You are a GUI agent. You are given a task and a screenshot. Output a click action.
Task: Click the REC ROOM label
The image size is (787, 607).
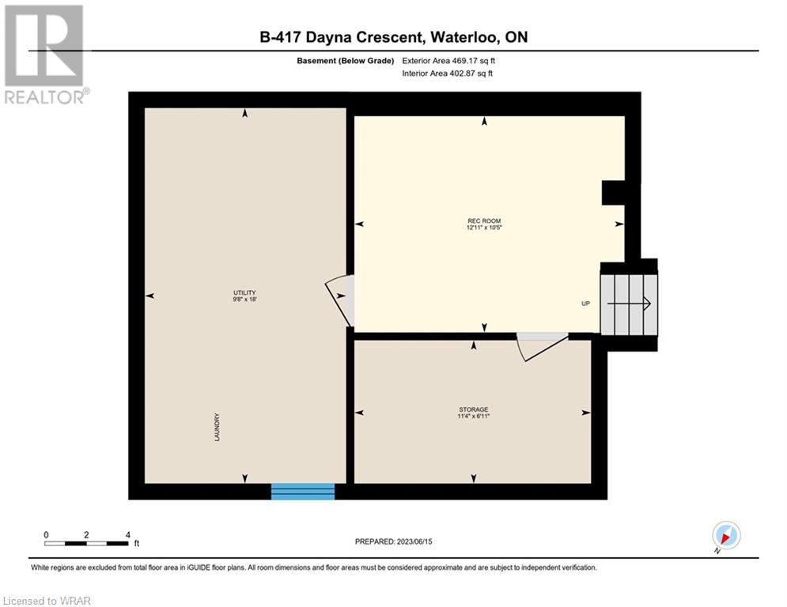tap(484, 221)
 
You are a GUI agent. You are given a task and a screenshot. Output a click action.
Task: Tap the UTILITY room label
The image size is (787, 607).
tap(244, 292)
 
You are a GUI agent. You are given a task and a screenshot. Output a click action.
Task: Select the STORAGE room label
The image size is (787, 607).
tap(473, 409)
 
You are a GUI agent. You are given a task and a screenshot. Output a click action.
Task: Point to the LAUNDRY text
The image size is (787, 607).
tap(218, 427)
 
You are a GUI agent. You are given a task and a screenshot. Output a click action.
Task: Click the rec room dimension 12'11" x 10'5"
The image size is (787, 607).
tap(484, 228)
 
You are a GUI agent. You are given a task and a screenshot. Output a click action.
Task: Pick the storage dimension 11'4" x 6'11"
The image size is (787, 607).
tap(473, 416)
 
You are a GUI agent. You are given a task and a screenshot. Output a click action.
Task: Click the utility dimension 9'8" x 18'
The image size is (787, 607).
tap(244, 299)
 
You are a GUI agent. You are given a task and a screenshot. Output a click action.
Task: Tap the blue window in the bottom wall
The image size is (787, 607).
tap(303, 492)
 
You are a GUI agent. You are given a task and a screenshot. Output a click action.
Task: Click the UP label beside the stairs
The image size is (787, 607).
tap(586, 303)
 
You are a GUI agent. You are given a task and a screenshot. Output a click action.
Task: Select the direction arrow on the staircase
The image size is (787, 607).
tap(629, 303)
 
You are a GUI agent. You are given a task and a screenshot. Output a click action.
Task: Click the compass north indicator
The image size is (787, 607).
tap(726, 536)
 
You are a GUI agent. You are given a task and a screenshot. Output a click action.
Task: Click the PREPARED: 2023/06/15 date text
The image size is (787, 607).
tap(394, 541)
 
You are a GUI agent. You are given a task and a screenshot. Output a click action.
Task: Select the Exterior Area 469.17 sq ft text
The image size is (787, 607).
tap(448, 61)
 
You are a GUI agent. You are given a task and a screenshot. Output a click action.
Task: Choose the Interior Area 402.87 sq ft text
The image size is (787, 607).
tap(447, 74)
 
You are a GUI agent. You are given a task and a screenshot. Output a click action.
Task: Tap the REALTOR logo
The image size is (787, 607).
tap(45, 55)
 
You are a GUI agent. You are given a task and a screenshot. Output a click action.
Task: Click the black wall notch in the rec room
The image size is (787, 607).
tap(613, 193)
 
